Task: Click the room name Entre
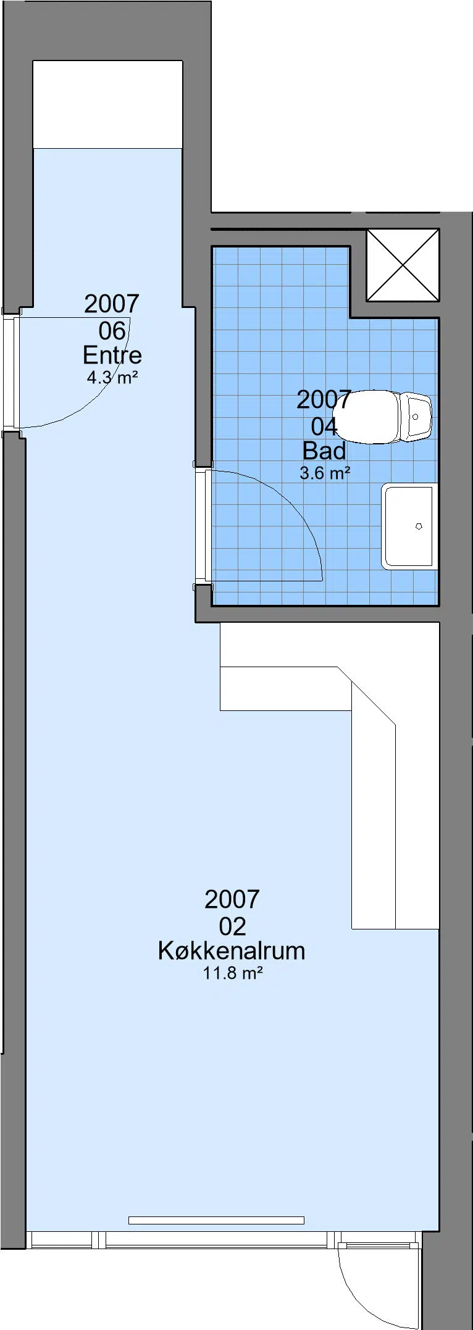(112, 355)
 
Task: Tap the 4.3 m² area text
(112, 377)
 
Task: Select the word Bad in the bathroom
(324, 451)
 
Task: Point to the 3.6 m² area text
(325, 473)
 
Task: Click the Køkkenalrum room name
(232, 950)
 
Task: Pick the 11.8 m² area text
(233, 973)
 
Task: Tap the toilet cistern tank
(417, 417)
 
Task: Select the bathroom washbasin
(409, 526)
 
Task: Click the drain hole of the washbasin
(419, 526)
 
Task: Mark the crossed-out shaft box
(403, 265)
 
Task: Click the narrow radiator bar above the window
(216, 1220)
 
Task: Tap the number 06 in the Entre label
(112, 330)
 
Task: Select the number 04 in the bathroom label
(324, 426)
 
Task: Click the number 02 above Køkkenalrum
(232, 926)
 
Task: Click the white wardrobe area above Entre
(107, 104)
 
